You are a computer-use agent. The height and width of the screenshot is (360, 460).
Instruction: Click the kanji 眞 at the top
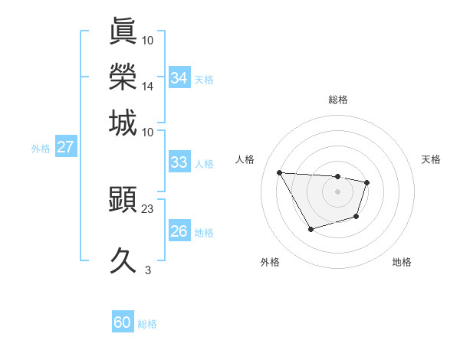[x=123, y=30]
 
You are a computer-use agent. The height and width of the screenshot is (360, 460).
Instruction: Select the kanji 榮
[x=123, y=77]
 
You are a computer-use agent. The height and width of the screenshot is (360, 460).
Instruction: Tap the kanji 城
[x=123, y=123]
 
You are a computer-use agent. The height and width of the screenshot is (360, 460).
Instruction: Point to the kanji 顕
[x=123, y=201]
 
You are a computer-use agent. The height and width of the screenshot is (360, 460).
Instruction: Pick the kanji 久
[x=123, y=261]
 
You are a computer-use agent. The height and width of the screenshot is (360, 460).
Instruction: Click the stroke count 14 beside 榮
[x=148, y=87]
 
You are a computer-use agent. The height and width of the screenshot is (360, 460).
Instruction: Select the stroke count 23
[x=148, y=208]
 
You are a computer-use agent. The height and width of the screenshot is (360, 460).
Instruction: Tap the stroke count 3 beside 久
[x=148, y=270]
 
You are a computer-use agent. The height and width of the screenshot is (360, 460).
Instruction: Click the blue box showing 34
[x=179, y=77]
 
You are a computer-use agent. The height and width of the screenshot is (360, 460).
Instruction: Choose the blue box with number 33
[x=179, y=162]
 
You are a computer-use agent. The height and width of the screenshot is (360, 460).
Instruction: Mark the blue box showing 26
[x=179, y=231]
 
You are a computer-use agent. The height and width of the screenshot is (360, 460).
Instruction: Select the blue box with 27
[x=65, y=146]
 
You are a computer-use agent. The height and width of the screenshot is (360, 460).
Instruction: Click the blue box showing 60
[x=123, y=322]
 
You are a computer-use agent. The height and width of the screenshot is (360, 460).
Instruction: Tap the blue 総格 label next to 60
[x=147, y=324]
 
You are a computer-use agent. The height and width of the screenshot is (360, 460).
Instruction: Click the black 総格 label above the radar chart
[x=337, y=100]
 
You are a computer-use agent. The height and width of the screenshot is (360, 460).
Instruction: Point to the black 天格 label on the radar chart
[x=431, y=159]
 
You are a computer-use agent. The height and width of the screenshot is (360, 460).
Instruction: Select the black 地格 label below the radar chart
[x=402, y=262]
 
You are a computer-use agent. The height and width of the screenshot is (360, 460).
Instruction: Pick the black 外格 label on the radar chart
[x=270, y=262]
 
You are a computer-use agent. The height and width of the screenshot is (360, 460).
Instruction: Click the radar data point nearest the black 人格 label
[x=279, y=172]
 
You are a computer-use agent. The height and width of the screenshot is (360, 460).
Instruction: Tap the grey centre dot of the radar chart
[x=337, y=191]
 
